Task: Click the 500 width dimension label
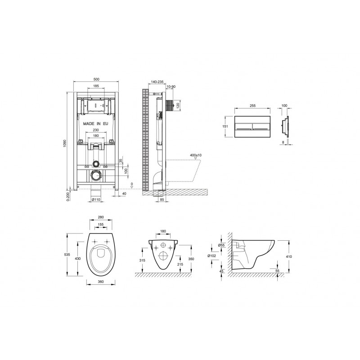[x=96, y=79]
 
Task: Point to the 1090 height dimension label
[x=64, y=143]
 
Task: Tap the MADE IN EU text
[x=95, y=124]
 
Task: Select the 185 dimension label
[x=96, y=86]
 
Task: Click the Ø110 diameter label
[x=96, y=200]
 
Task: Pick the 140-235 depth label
[x=157, y=82]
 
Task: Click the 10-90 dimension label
[x=171, y=86]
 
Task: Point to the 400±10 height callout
[x=196, y=155]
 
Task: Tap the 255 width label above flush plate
[x=252, y=106]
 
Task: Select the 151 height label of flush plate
[x=226, y=126]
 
